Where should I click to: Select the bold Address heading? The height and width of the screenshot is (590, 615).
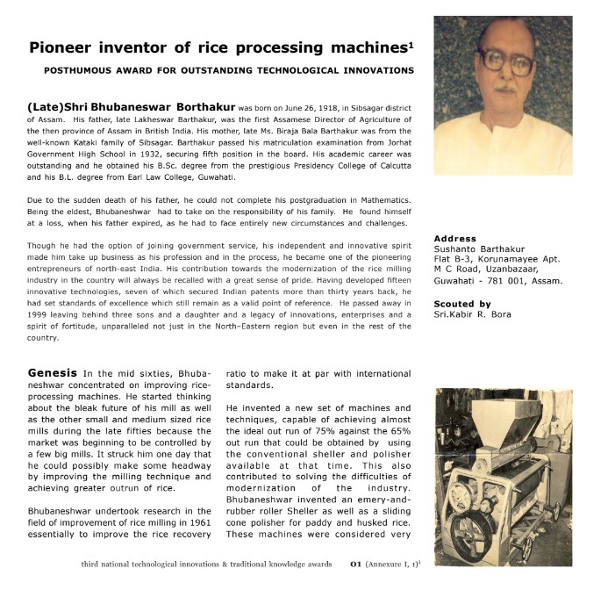tap(455, 238)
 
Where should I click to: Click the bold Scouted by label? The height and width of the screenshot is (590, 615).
tap(463, 303)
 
